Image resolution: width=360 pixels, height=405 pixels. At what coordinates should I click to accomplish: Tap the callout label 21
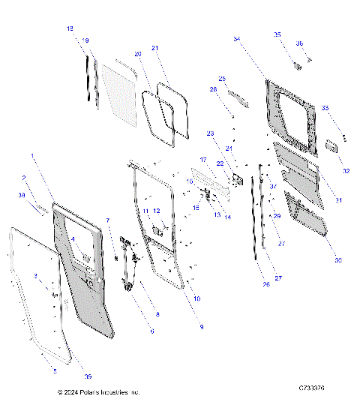(x=156, y=48)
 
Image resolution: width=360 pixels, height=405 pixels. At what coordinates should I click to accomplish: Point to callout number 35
(x=277, y=34)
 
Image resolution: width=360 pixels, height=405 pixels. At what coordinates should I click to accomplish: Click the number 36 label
(x=299, y=43)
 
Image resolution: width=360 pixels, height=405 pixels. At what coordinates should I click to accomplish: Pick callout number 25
(x=222, y=78)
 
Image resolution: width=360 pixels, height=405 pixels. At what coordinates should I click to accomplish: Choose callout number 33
(x=325, y=108)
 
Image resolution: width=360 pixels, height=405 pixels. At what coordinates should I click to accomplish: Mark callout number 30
(x=337, y=260)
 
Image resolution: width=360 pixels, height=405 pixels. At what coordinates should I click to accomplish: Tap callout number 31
(x=338, y=200)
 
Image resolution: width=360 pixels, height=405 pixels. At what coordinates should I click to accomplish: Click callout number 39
(x=88, y=376)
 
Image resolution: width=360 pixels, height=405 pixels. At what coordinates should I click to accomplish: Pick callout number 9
(x=202, y=327)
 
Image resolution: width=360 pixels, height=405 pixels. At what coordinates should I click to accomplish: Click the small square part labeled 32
(x=329, y=146)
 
